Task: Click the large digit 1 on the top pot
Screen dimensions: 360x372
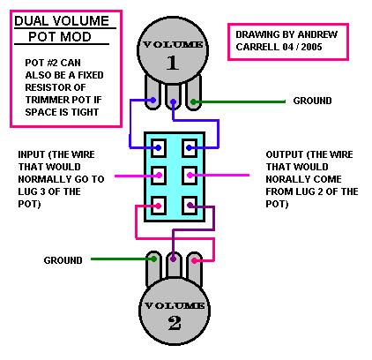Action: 174,63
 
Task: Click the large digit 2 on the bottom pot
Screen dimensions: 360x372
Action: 175,322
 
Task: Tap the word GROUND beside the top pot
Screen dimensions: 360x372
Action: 313,101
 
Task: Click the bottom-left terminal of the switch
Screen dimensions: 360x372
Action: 159,206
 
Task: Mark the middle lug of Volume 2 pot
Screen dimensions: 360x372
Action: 175,261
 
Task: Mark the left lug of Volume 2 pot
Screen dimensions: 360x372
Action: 154,261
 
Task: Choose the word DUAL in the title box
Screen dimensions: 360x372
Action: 33,20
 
